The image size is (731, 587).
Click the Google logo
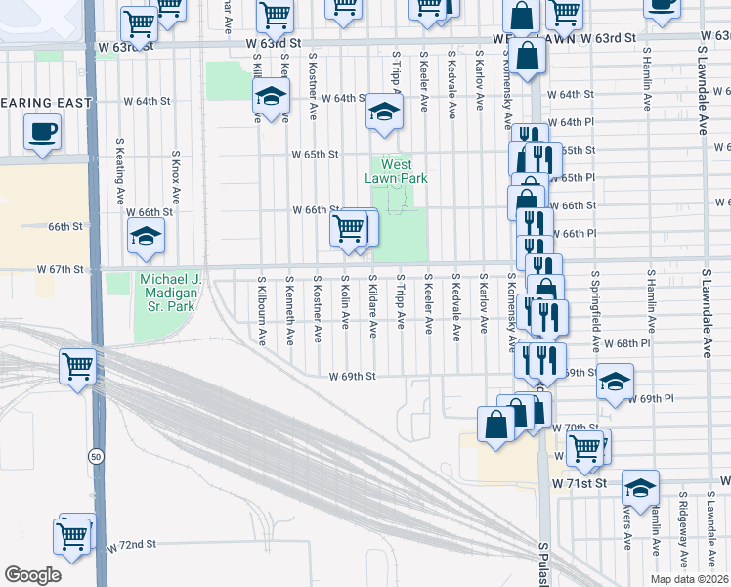pyautogui.click(x=32, y=575)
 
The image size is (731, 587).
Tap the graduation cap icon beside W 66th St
pyautogui.click(x=146, y=237)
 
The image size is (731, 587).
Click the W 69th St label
pyautogui.click(x=352, y=376)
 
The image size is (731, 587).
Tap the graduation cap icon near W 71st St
pyautogui.click(x=640, y=486)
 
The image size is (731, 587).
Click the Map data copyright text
pyautogui.click(x=688, y=579)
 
